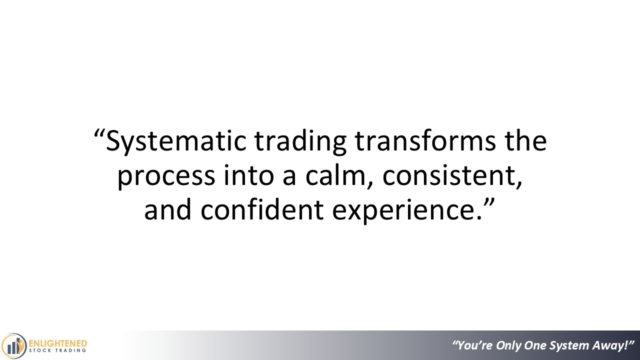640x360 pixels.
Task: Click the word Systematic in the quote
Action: coord(176,141)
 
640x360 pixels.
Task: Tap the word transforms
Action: coord(425,140)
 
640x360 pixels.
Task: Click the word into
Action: coord(248,174)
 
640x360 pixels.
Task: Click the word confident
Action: coord(262,209)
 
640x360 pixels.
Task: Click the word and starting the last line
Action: coord(167,209)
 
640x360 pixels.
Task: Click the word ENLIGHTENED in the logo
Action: coord(58,343)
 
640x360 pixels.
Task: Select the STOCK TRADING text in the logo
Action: coord(57,350)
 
